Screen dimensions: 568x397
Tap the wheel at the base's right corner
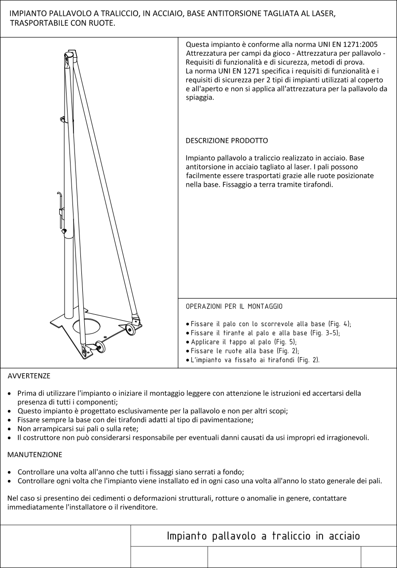(131, 330)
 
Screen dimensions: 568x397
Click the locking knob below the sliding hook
(64, 231)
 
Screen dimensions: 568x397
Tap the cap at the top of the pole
(72, 53)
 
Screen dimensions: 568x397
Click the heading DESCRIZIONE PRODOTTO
(226, 141)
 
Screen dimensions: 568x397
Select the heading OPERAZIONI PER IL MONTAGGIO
(234, 306)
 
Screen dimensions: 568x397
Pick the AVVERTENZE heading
(29, 376)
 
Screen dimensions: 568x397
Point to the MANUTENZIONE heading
(35, 454)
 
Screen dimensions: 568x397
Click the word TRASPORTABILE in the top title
(39, 23)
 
